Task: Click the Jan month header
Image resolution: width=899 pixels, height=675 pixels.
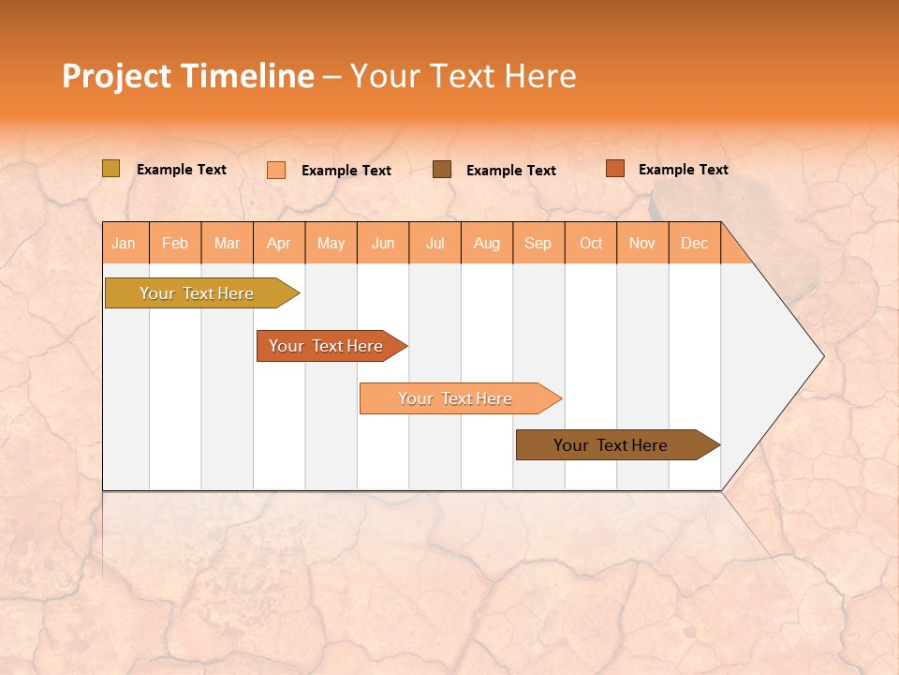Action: [x=125, y=243]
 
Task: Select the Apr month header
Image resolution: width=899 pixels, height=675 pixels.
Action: [x=279, y=243]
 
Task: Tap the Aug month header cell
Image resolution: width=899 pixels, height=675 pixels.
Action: [x=487, y=243]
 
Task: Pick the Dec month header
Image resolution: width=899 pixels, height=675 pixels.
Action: [x=695, y=243]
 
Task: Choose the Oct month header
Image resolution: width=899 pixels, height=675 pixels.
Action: [x=591, y=243]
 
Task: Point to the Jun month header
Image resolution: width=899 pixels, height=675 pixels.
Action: [x=383, y=243]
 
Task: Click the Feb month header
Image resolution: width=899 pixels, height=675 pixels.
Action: [x=175, y=243]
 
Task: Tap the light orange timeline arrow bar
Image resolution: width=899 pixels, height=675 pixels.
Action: [x=456, y=398]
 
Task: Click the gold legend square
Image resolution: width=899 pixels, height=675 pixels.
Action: [x=111, y=169]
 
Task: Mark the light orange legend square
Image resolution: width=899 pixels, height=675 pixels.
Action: [x=276, y=170]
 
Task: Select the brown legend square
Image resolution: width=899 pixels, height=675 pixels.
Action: [x=442, y=169]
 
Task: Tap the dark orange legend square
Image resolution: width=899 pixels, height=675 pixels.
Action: [x=614, y=168]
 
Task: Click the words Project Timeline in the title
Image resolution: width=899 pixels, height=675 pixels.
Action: [x=187, y=76]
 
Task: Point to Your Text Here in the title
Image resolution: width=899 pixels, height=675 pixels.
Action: [x=463, y=76]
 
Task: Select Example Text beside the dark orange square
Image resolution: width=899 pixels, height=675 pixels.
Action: [x=683, y=169]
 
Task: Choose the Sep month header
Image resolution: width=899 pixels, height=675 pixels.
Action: [x=538, y=243]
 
